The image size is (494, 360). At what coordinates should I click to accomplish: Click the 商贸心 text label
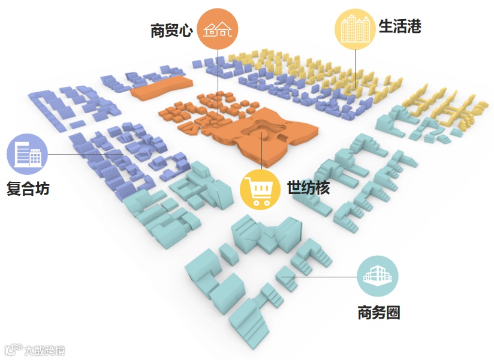(x=171, y=31)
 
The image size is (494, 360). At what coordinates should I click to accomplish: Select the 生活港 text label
(x=400, y=26)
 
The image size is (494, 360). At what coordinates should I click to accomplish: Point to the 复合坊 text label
(x=28, y=189)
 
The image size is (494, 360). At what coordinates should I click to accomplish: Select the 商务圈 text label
(x=378, y=312)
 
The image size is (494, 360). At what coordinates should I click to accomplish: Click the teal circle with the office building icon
(x=377, y=276)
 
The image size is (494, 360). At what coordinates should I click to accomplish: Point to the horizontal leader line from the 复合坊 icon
(x=84, y=154)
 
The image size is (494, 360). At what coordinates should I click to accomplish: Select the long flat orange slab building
(x=161, y=87)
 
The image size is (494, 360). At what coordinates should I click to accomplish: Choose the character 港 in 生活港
(x=414, y=26)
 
